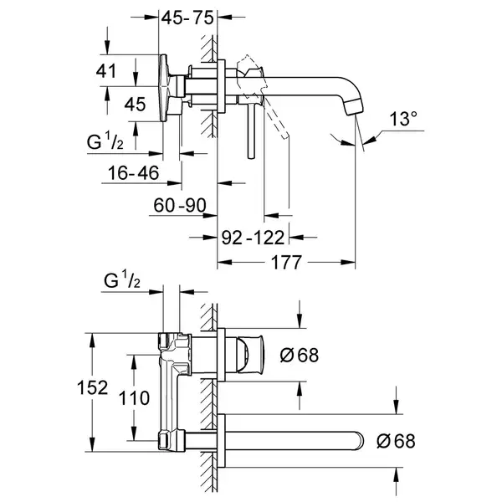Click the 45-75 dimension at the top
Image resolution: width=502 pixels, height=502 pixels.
[187, 18]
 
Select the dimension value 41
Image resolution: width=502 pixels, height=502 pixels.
[106, 71]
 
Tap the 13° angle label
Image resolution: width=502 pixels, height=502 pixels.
[403, 119]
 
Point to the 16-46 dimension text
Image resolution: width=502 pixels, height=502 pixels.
[133, 173]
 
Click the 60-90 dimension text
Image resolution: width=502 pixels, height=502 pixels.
[180, 205]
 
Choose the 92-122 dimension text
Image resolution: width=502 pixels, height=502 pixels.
[253, 238]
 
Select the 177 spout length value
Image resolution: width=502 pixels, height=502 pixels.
[286, 263]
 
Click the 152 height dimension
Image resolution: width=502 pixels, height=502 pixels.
[92, 387]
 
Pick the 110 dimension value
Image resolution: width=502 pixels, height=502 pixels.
[134, 398]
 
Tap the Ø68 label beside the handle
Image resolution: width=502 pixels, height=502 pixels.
[300, 355]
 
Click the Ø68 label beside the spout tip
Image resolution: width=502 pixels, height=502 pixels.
[396, 441]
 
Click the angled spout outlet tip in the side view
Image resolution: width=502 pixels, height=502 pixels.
[355, 107]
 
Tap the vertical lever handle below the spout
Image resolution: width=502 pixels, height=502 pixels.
[252, 131]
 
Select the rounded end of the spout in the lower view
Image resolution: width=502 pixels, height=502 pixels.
[359, 441]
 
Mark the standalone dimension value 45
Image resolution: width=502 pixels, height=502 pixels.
[135, 104]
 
